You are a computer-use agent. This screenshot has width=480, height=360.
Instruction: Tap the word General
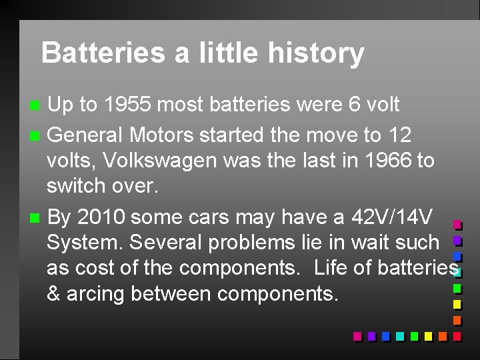coord(85,135)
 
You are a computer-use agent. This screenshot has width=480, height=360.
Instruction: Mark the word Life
coord(330,268)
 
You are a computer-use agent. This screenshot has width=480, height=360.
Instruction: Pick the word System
coord(85,243)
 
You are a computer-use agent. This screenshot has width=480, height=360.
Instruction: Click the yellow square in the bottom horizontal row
coord(428,336)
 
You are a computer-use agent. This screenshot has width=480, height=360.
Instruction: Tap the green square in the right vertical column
coord(457,288)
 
